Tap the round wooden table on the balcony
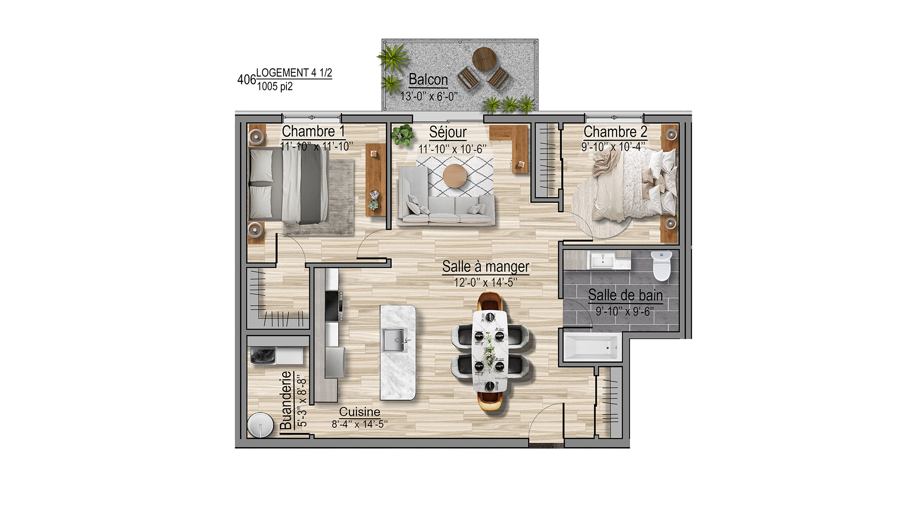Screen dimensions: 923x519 tap(484, 58)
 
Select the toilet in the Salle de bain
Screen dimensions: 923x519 tap(661, 265)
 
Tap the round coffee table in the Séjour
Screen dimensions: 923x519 tap(455, 176)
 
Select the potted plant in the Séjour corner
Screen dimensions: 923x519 tap(403, 135)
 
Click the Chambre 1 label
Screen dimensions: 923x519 tap(313, 131)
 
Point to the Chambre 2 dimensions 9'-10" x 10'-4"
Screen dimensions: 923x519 tap(613, 147)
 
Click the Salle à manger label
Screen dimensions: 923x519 tap(486, 266)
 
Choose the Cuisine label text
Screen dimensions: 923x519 tap(360, 412)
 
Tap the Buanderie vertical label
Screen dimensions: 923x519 tap(286, 400)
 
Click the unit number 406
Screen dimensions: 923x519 tap(246, 80)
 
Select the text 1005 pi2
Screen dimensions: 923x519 tap(275, 86)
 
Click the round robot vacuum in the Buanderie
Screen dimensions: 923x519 tap(260, 425)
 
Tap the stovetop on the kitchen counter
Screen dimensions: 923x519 tap(334, 306)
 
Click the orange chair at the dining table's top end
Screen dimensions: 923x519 tap(490, 301)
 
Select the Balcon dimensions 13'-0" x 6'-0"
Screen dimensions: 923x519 tap(429, 96)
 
